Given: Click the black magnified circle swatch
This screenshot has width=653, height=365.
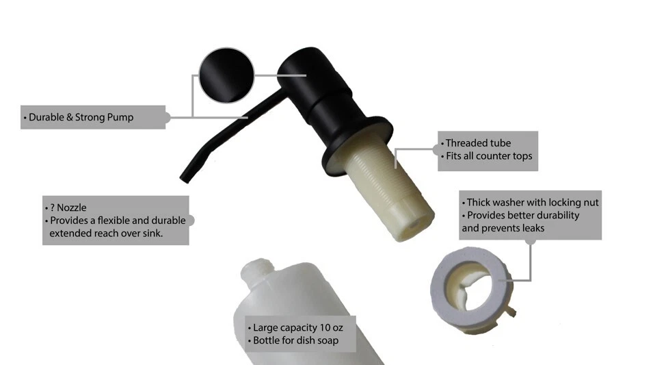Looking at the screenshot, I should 225,76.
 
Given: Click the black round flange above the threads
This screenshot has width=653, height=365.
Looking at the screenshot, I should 356,144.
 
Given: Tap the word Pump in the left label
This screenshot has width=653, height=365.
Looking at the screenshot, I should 120,117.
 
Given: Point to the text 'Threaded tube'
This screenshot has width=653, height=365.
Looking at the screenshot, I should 478,143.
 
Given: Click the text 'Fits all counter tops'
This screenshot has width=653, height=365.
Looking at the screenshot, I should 488,156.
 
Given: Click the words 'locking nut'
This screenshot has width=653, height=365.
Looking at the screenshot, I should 577,203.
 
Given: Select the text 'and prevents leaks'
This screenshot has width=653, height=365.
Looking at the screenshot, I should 503,227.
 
